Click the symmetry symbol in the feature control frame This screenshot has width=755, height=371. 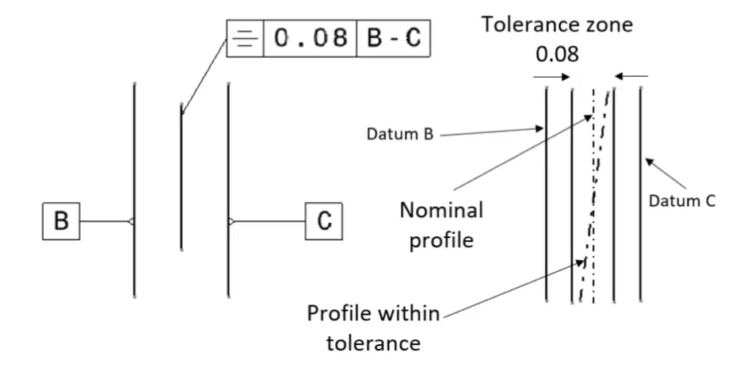245,38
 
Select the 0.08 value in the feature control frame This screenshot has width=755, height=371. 311,38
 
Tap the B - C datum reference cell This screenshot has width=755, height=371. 394,38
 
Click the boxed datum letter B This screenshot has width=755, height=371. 61,221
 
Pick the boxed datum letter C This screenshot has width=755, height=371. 324,221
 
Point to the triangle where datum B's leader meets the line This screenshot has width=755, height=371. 131,222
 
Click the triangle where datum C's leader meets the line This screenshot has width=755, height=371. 231,222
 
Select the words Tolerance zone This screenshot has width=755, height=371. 557,25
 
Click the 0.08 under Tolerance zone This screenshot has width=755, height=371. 557,55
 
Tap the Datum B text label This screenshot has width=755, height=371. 399,134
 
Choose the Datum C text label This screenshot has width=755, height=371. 682,201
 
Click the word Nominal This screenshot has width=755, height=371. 441,211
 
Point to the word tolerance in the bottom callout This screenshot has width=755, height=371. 374,343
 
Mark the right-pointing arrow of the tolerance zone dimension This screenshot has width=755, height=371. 551,76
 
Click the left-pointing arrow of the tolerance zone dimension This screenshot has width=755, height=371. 631,76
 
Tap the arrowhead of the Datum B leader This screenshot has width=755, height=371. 539,128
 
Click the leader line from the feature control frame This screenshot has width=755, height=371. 204,77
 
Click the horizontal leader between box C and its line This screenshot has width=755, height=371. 270,222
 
